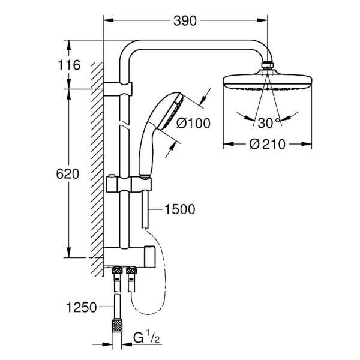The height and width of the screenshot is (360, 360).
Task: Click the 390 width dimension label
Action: point(185,21)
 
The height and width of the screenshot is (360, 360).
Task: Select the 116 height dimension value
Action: point(70,65)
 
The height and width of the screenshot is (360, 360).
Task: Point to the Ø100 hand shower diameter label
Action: point(194,124)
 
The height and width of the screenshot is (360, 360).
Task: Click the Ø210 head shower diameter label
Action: point(268,145)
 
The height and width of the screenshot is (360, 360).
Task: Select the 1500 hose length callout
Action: point(180,209)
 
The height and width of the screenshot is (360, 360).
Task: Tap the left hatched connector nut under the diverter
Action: point(115,277)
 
